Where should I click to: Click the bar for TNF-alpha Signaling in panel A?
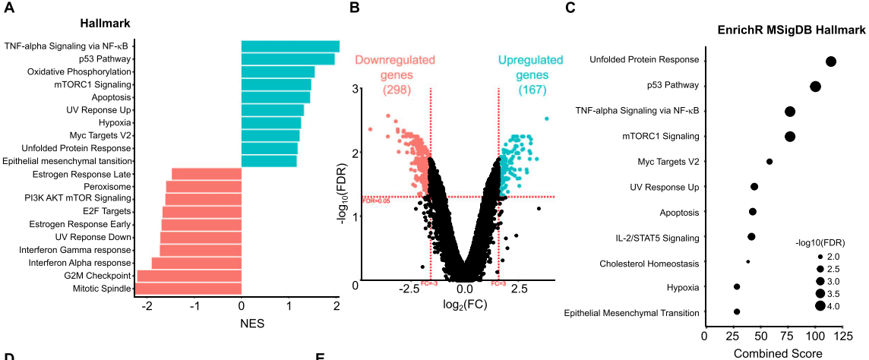(290, 46)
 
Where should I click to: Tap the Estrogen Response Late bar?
(207, 174)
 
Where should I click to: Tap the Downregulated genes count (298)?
(395, 90)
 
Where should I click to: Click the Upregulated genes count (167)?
(530, 90)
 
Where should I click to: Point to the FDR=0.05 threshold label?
(376, 201)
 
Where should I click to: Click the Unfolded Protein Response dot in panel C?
(830, 62)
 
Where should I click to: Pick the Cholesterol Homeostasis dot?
(748, 262)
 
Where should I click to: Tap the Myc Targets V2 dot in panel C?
(769, 161)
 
